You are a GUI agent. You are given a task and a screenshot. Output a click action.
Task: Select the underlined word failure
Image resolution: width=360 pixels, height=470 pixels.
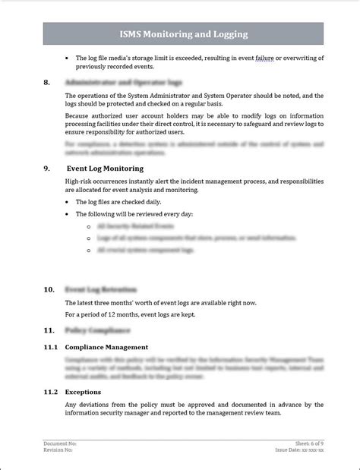[263, 58]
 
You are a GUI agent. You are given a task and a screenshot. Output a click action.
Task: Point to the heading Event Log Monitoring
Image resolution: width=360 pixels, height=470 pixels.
[106, 168]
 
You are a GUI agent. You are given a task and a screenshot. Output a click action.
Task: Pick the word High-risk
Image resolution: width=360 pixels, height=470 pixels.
[81, 182]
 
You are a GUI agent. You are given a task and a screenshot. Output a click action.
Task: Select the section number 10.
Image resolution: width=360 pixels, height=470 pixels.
[49, 289]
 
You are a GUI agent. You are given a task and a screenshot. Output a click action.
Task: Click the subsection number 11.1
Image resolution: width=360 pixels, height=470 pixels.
[50, 347]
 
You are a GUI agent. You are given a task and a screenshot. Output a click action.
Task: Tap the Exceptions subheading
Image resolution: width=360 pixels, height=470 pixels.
[83, 392]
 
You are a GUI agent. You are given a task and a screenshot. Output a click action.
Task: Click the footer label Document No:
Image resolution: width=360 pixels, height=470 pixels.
[60, 443]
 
